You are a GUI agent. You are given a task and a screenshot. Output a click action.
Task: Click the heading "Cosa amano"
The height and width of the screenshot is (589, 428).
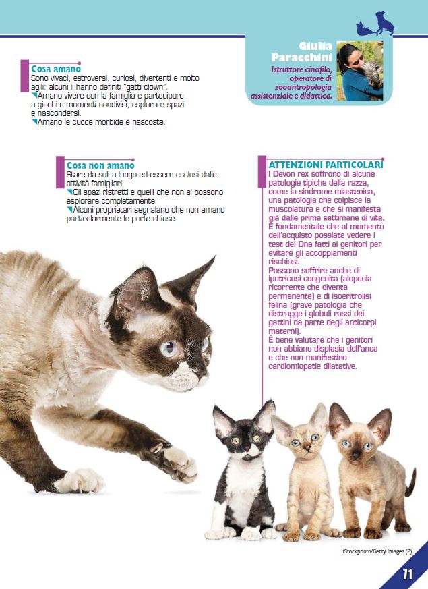56,69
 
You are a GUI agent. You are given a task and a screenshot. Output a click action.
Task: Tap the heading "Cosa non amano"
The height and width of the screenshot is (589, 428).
100,165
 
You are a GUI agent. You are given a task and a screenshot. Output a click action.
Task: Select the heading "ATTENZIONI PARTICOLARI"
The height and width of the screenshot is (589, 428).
326,165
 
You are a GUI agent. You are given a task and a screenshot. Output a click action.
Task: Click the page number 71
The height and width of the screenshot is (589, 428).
408,573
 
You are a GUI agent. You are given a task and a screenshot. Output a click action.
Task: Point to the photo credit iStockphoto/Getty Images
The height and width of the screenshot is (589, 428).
377,551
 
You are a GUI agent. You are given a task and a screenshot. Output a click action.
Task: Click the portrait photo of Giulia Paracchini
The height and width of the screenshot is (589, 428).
360,71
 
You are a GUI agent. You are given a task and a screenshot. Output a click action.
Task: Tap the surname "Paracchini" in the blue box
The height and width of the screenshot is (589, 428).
301,57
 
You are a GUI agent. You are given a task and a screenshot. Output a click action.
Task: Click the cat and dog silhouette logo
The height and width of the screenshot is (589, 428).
375,24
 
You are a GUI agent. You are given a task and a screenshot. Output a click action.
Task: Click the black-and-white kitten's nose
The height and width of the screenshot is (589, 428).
246,448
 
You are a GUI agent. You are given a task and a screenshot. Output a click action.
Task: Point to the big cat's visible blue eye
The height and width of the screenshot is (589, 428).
170,349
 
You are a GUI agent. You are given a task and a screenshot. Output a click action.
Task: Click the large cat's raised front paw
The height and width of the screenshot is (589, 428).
180,464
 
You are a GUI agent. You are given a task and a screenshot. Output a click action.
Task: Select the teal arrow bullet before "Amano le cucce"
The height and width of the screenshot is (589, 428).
34,121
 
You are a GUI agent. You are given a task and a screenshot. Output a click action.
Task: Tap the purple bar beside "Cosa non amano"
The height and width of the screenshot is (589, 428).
60,172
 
